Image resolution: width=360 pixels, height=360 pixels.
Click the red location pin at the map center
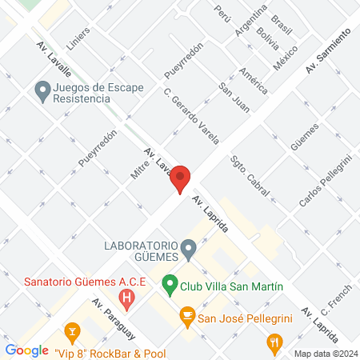pyautogui.click(x=181, y=178)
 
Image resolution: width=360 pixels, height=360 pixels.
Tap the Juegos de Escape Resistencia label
pyautogui.click(x=93, y=92)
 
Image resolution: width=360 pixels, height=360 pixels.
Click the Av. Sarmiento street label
pyautogui.click(x=328, y=49)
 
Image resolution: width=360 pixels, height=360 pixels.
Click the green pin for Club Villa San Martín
pyautogui.click(x=169, y=283)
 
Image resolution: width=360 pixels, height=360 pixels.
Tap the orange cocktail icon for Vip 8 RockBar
pyautogui.click(x=71, y=332)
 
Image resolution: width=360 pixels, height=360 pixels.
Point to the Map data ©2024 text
pyautogui.click(x=324, y=353)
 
